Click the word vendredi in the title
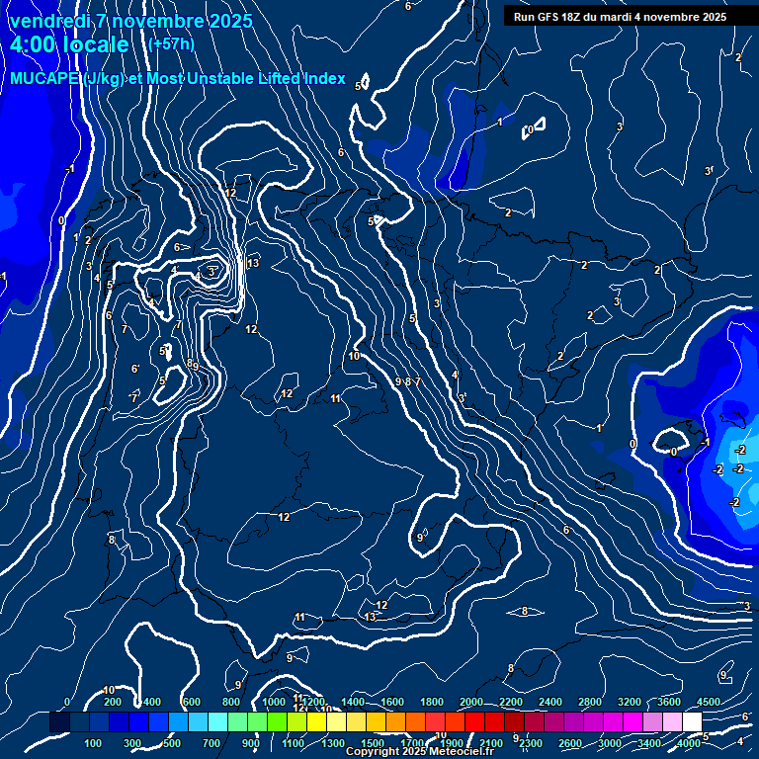(49, 21)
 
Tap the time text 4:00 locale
(69, 45)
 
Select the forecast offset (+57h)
(171, 44)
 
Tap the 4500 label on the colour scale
(709, 702)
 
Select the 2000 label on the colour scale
(471, 702)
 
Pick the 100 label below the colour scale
(93, 743)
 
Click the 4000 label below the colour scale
(689, 743)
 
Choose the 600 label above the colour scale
(192, 702)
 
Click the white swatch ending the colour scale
(692, 723)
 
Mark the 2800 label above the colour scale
(590, 702)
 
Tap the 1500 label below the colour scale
(373, 743)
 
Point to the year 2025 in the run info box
(710, 17)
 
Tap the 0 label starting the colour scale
(67, 702)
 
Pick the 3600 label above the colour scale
(669, 702)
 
